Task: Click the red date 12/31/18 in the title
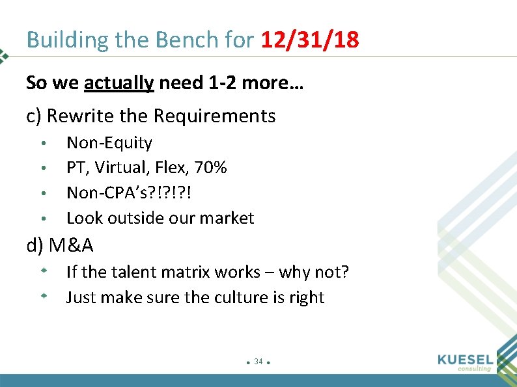310,40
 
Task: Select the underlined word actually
119,83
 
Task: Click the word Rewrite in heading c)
81,116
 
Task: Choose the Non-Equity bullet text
109,142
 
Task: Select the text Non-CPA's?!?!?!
130,193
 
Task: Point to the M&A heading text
71,245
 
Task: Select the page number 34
258,361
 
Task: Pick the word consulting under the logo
474,369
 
